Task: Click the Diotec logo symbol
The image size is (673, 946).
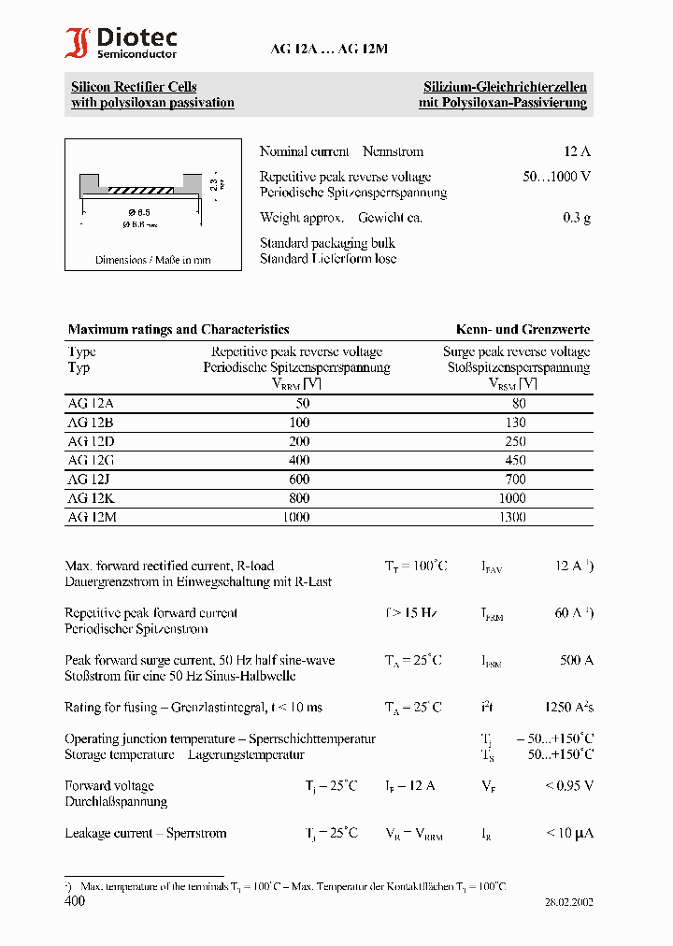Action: (77, 44)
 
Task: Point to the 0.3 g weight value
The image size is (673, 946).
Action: (577, 218)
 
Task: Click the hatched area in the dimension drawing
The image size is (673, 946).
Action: (140, 191)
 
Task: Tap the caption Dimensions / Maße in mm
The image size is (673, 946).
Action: (153, 260)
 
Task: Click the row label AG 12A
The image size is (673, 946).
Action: (91, 404)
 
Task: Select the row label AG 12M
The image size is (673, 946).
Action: (92, 516)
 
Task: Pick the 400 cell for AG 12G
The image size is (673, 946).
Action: (299, 460)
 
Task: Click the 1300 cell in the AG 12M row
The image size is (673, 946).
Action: (514, 516)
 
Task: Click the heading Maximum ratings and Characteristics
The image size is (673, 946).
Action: (179, 330)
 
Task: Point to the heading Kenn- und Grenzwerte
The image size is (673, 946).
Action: (523, 330)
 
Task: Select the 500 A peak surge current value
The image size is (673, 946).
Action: (576, 661)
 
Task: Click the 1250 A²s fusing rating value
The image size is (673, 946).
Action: (568, 708)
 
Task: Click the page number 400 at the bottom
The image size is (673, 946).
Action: (75, 901)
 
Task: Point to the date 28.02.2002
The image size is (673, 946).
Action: (568, 903)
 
